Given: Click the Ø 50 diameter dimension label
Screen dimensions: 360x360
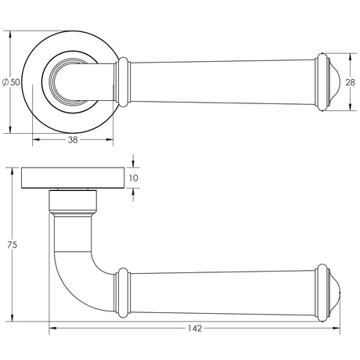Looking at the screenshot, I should (x=11, y=82).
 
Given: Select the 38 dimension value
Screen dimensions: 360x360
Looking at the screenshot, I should (x=72, y=142).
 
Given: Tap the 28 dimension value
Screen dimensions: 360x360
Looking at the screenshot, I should (x=350, y=82).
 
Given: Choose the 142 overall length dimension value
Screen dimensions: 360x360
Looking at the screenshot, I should (x=194, y=328).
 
